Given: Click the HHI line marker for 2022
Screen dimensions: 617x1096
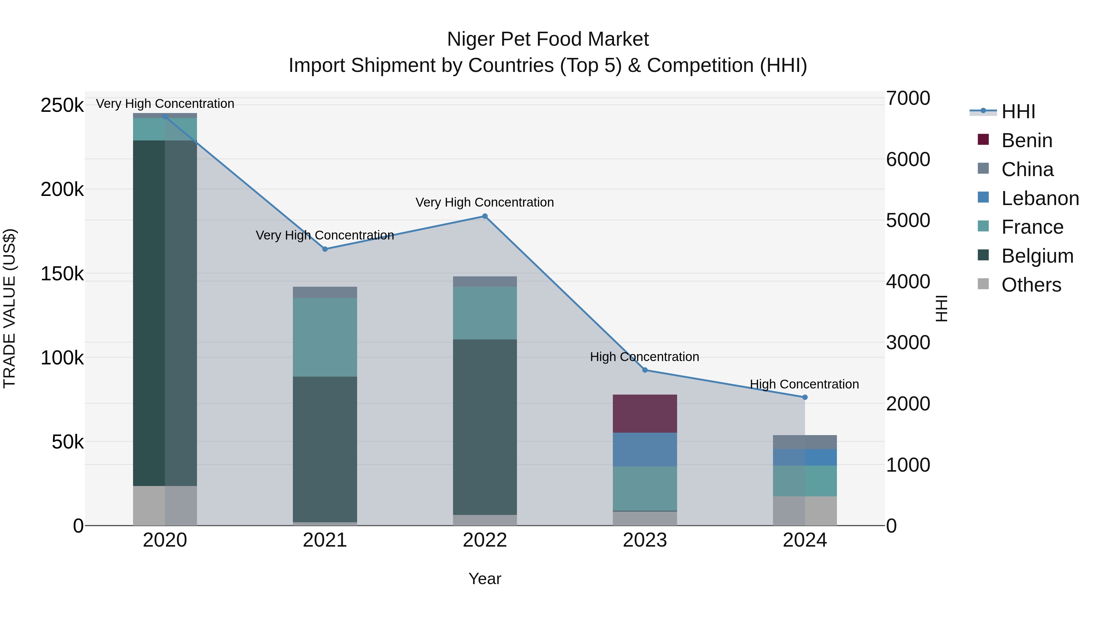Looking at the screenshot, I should [x=485, y=216].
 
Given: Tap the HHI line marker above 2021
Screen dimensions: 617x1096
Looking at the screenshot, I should [x=325, y=249].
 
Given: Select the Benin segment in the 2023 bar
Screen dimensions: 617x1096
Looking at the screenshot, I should [x=645, y=413].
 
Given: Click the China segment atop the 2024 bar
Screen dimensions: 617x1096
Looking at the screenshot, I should [x=805, y=442].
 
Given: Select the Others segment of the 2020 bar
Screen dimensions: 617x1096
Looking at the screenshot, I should [x=165, y=505].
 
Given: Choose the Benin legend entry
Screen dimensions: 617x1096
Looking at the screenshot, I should [x=1026, y=140].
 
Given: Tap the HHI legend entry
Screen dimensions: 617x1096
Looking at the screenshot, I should [x=1018, y=112].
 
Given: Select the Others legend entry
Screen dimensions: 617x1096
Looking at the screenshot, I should [x=1031, y=285].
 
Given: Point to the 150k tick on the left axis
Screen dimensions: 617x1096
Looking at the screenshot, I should [x=62, y=274].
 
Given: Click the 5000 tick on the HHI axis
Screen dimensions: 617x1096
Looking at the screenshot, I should [x=908, y=221].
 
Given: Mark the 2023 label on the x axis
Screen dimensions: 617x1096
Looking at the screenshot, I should [x=645, y=540].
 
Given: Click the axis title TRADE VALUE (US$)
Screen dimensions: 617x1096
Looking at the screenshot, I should [x=10, y=308].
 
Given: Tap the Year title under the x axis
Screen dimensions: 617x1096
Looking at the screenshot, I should [x=485, y=579].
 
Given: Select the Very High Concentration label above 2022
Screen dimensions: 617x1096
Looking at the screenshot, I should [x=485, y=202].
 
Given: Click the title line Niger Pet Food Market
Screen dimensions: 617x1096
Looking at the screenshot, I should [x=548, y=39].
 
